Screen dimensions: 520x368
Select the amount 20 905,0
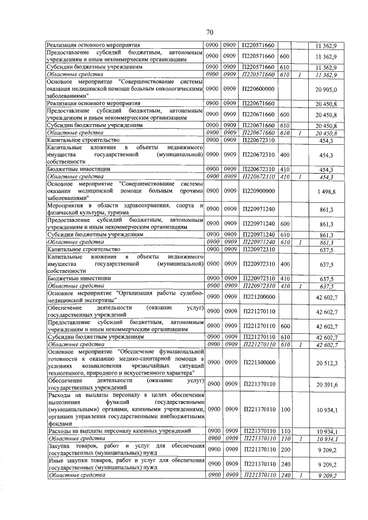325,89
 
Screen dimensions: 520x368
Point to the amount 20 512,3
325,363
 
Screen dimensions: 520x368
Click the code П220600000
258,89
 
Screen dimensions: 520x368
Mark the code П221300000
258,363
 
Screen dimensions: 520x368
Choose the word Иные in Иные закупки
55,461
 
